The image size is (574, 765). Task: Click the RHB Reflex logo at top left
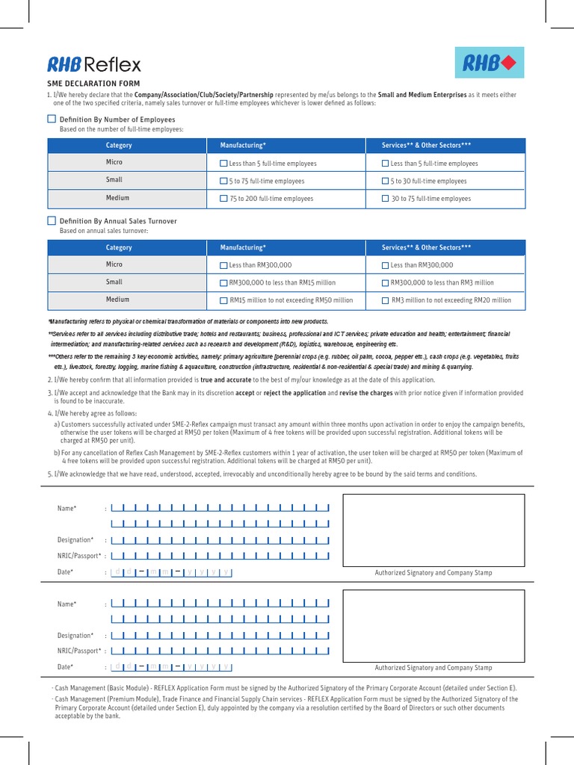pyautogui.click(x=94, y=64)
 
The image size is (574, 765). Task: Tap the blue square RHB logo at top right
pyautogui.click(x=490, y=63)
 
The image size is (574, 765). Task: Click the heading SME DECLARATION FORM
pyautogui.click(x=93, y=84)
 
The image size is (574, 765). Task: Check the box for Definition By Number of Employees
pyautogui.click(x=52, y=119)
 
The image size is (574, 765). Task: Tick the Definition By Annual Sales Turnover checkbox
pyautogui.click(x=52, y=221)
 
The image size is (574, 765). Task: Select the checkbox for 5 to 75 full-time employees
pyautogui.click(x=223, y=181)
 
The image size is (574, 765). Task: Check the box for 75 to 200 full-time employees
pyautogui.click(x=223, y=199)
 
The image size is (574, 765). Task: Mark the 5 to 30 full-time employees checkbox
pyautogui.click(x=385, y=181)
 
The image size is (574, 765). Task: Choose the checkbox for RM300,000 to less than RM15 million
pyautogui.click(x=223, y=283)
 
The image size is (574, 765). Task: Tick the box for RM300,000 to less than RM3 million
pyautogui.click(x=385, y=283)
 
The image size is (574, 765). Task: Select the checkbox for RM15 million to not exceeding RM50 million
pyautogui.click(x=223, y=300)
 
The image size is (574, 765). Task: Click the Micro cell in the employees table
pyautogui.click(x=114, y=162)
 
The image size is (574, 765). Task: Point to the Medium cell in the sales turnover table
pyautogui.click(x=117, y=300)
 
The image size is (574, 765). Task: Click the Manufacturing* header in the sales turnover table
pyautogui.click(x=243, y=247)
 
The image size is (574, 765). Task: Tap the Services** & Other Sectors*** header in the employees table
pyautogui.click(x=426, y=145)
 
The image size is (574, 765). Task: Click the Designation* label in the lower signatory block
pyautogui.click(x=75, y=635)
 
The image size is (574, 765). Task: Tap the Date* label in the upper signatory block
pyautogui.click(x=66, y=572)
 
